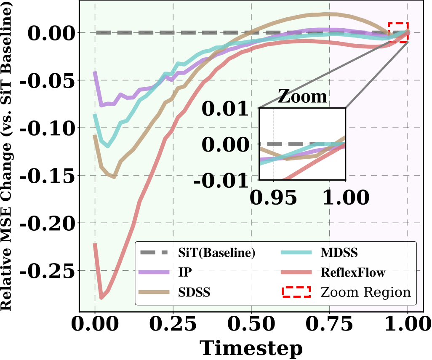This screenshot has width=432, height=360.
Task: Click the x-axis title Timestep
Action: (251, 348)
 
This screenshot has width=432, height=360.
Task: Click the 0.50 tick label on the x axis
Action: (251, 325)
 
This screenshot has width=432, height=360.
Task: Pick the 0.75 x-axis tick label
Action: (329, 325)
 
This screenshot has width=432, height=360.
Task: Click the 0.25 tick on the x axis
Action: (173, 325)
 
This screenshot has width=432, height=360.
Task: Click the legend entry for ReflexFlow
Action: (352, 272)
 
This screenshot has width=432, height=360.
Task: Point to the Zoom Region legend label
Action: (365, 292)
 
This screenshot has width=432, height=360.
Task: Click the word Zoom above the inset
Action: (303, 97)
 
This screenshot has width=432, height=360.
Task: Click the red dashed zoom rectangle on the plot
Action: (398, 32)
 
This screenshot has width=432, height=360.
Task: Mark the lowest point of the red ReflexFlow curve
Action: (101, 298)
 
